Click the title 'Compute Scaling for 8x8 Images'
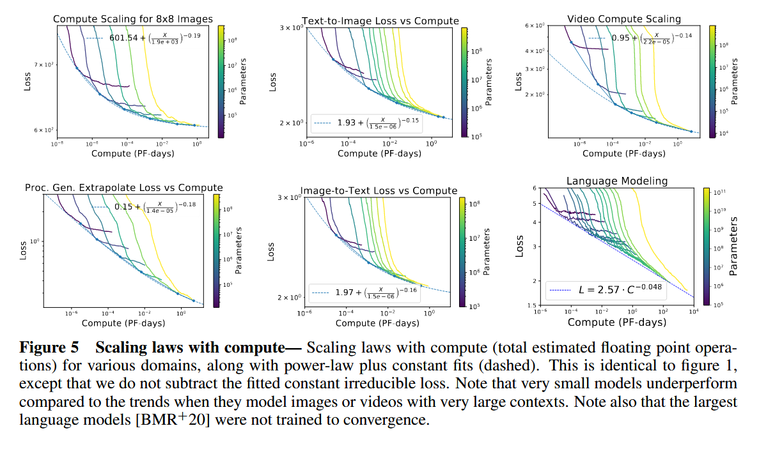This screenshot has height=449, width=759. pyautogui.click(x=132, y=19)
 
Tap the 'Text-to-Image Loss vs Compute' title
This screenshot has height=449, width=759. pyautogui.click(x=380, y=20)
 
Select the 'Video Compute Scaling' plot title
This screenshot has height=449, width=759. pyautogui.click(x=623, y=19)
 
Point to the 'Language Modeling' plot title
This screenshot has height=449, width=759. pyautogui.click(x=616, y=181)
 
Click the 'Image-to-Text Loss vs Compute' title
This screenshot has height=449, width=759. pyautogui.click(x=379, y=190)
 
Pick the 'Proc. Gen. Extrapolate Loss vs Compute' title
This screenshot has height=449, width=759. pyautogui.click(x=123, y=188)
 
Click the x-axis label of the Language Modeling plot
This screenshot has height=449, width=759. pyautogui.click(x=616, y=322)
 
